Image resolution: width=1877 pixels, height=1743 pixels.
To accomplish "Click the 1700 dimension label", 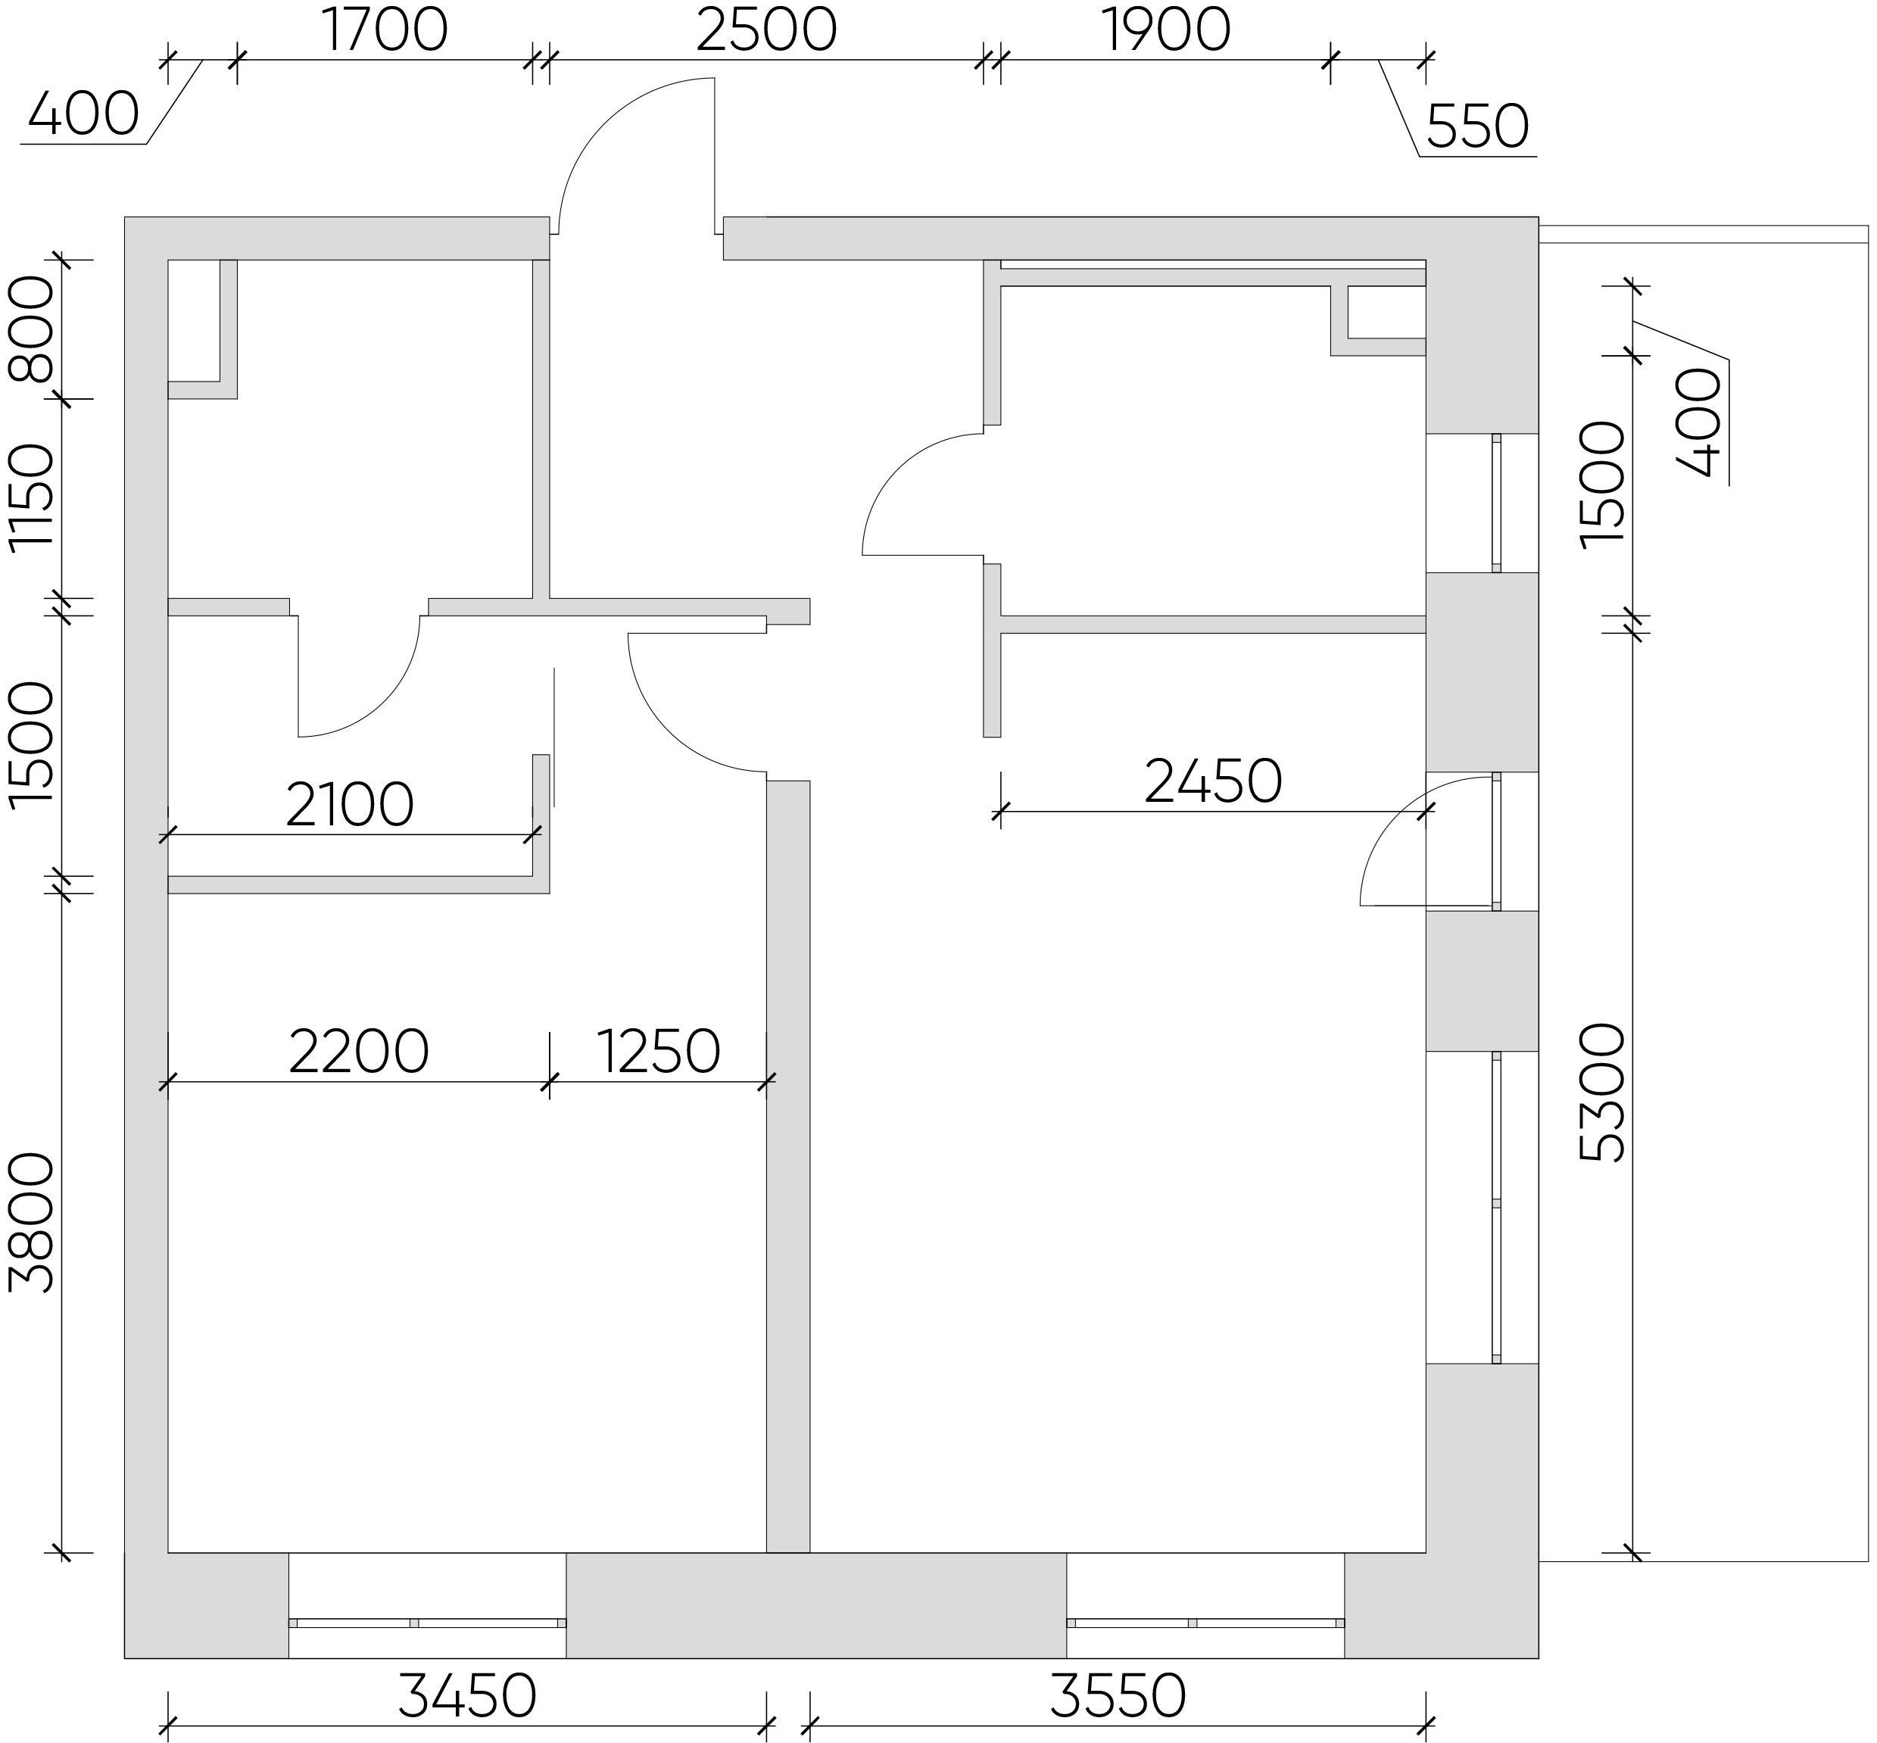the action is [385, 30].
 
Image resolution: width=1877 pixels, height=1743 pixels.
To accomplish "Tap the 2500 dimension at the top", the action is [766, 30].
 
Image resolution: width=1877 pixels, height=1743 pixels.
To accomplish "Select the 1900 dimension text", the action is [1166, 30].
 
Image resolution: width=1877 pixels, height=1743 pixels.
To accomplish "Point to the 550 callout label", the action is [1477, 126].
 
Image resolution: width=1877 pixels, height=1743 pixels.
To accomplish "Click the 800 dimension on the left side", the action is [30, 328].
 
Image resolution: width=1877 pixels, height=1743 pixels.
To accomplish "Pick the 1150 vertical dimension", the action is [30, 497].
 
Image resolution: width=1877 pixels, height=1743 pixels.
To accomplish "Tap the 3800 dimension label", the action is [30, 1221].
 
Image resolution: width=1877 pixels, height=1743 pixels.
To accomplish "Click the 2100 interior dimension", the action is [349, 805].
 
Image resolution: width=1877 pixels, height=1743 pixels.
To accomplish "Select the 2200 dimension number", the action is [358, 1052].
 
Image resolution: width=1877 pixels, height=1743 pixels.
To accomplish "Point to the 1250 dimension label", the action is [659, 1052].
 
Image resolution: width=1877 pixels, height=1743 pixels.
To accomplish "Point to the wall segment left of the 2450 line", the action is [991, 651].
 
